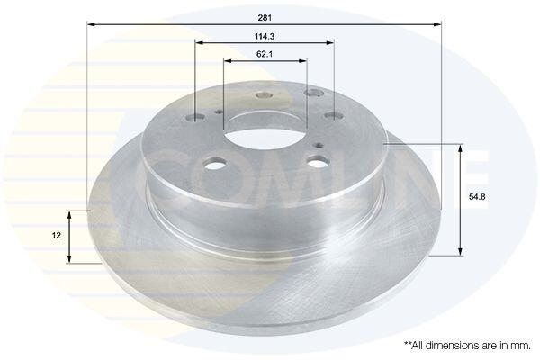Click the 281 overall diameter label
[265, 18]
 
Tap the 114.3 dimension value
[265, 36]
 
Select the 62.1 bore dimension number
[265, 54]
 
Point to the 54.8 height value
[477, 197]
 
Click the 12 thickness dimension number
[57, 236]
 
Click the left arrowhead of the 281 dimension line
[91, 24]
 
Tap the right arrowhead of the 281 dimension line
[437, 24]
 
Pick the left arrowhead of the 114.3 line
[200, 42]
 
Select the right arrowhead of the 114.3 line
[330, 42]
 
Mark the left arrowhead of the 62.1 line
[228, 61]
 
